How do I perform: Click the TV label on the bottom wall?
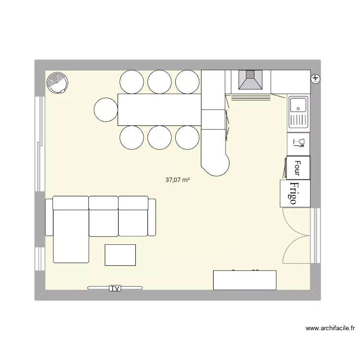coord(115,288)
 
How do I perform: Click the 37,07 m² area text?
coord(178,180)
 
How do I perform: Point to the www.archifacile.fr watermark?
coord(330,328)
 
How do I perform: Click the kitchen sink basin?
coord(298,106)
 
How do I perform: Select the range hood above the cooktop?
coord(251,80)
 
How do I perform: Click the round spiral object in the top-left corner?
coord(57,83)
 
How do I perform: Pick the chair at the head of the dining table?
coord(106,109)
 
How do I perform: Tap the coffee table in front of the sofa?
coord(120,255)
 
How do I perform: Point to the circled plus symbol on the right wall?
coord(315,79)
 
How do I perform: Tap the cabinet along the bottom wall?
coord(245,280)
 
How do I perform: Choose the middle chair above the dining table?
coord(159,82)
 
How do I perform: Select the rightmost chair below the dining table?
coord(187,137)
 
